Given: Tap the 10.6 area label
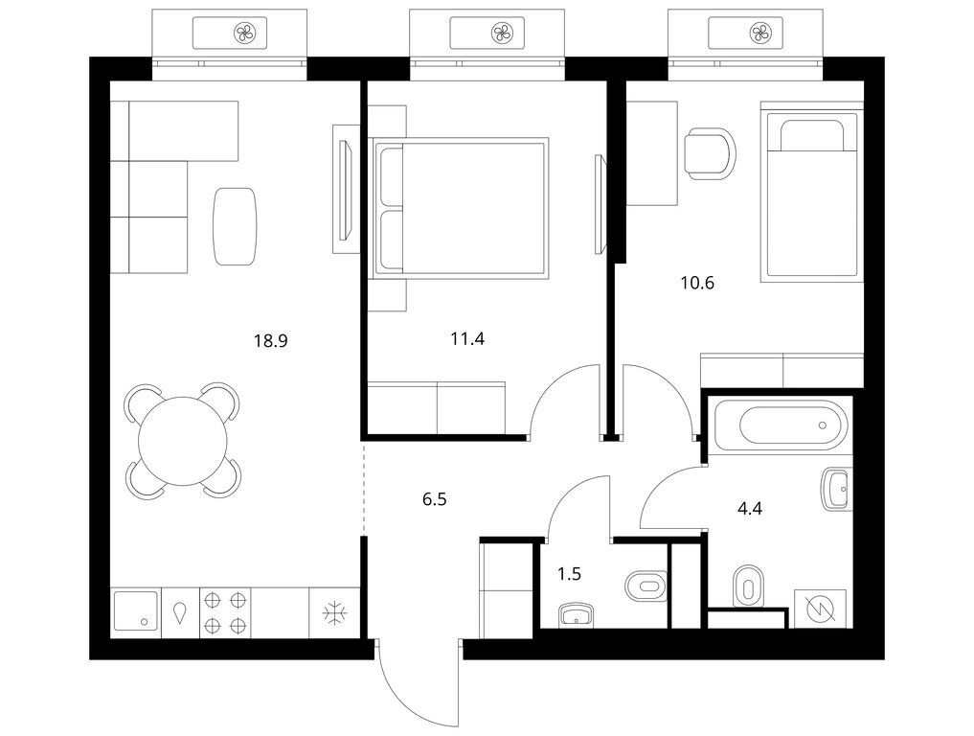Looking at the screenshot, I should click(x=696, y=283).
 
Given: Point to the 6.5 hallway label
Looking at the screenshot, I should click(x=436, y=498).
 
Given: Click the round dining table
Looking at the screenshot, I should click(x=183, y=441).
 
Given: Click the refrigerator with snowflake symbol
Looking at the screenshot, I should click(x=334, y=610).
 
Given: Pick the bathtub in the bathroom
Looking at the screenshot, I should click(x=779, y=425).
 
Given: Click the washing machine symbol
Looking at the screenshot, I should click(x=821, y=609).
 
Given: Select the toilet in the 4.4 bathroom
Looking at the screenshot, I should click(x=747, y=586).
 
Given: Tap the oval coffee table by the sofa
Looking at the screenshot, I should click(x=235, y=225).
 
